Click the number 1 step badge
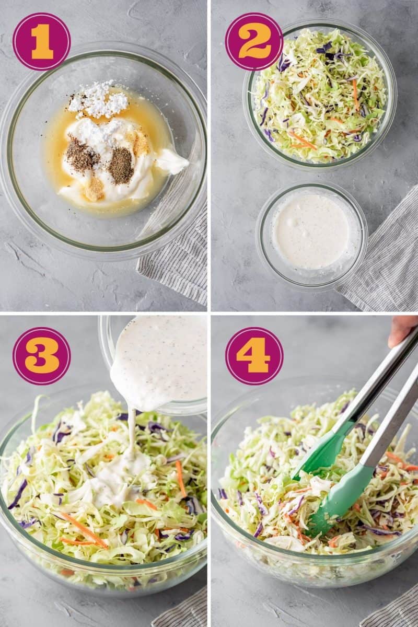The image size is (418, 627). (41, 41)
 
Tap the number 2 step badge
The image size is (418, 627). (254, 41)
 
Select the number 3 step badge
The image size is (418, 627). (41, 356)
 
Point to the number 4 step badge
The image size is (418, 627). (254, 356)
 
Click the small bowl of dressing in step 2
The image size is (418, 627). (311, 232)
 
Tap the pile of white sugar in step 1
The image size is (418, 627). (99, 99)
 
